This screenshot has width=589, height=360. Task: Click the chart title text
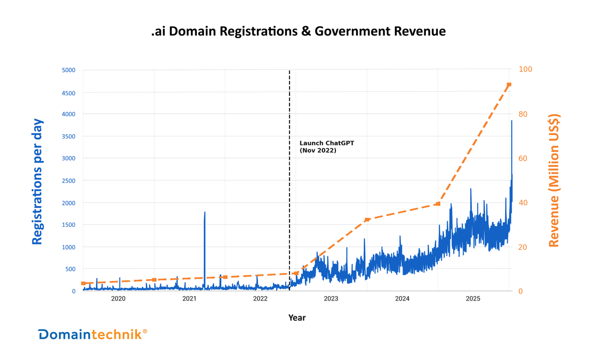[x=298, y=32]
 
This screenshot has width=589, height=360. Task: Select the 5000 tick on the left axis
[x=68, y=70]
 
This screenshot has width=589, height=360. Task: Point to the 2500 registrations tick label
[x=68, y=181]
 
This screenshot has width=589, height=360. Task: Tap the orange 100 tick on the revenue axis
[x=525, y=69]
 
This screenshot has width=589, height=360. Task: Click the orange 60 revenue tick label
[x=522, y=158]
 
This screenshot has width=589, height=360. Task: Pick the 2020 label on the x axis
[x=118, y=298]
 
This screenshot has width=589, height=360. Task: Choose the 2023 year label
[x=331, y=298]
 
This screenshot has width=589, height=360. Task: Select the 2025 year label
[x=473, y=298]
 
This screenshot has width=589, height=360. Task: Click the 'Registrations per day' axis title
[x=37, y=182]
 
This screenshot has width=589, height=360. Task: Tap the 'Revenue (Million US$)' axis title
[x=554, y=180]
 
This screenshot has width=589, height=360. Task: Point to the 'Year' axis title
[x=297, y=317]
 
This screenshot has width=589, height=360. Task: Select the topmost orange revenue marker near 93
[x=509, y=85]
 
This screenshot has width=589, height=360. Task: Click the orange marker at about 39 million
[x=438, y=203]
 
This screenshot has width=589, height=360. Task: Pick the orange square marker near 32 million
[x=367, y=219]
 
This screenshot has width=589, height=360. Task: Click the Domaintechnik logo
[x=92, y=334]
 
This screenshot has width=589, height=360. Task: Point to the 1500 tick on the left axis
[x=68, y=225]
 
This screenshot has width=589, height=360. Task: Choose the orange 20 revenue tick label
[x=522, y=247]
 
